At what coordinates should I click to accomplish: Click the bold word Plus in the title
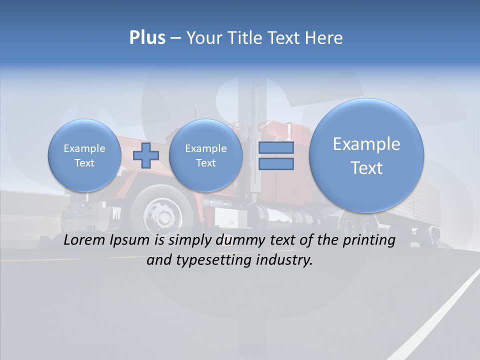click(147, 38)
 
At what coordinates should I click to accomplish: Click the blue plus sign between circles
click(145, 155)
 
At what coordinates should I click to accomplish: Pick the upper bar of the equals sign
click(276, 148)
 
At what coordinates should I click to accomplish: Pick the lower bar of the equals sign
click(276, 163)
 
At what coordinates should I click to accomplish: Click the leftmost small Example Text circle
click(84, 155)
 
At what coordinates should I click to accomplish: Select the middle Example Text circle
click(205, 155)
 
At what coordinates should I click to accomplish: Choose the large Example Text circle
click(366, 155)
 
